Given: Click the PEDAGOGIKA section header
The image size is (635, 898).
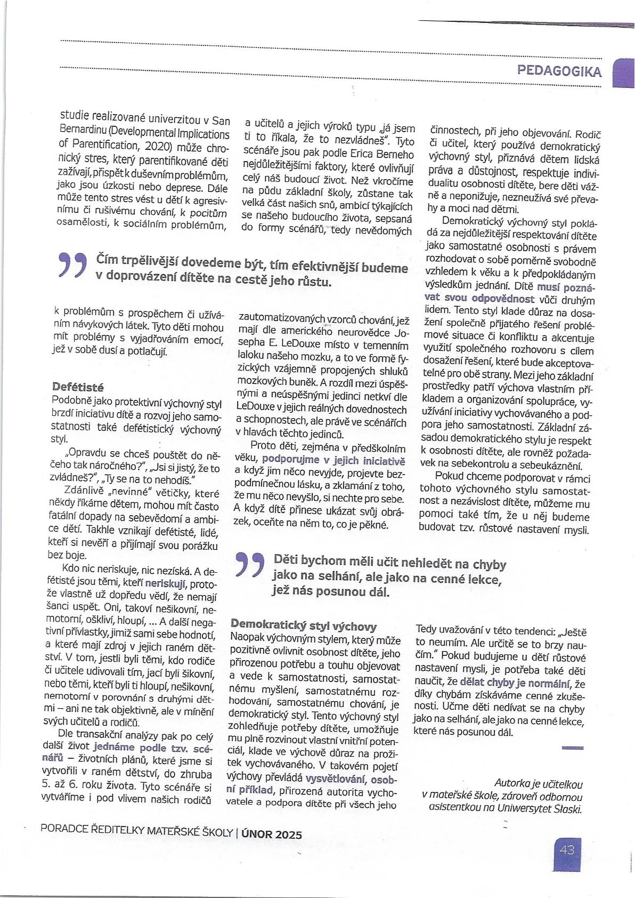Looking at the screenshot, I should point(559,71).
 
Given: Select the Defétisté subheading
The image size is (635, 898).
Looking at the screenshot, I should point(78,387).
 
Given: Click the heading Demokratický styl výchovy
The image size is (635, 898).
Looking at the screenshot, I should point(304,626).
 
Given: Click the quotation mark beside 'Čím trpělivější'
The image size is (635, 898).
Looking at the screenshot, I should point(72,265).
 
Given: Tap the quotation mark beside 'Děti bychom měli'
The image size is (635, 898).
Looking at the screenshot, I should point(249,566).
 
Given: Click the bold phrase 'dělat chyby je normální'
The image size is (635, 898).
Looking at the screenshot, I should point(515,683).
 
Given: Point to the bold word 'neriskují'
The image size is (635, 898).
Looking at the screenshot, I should point(166,583).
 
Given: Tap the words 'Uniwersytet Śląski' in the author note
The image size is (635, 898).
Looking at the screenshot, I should point(539,808).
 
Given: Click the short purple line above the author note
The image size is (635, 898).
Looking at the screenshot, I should point(573,748).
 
